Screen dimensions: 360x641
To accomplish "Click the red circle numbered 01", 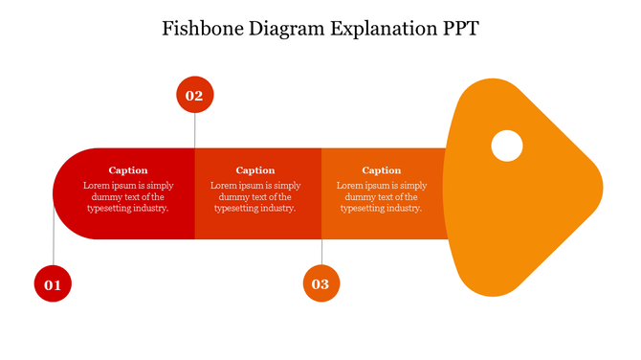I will point(53,284).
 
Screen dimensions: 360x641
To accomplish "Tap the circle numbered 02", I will point(195,95).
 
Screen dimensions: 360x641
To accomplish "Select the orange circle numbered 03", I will point(321,283).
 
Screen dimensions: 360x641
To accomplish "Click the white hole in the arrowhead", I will point(507,146).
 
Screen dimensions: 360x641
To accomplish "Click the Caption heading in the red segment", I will point(128,170).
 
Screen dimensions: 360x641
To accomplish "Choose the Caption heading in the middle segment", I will point(255,170).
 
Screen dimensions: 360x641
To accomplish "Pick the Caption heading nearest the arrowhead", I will point(382,170).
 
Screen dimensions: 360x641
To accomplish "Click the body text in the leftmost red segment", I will point(128,196).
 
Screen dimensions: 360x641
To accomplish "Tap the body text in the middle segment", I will point(255,196).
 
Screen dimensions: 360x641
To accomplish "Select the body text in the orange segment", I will point(382,196).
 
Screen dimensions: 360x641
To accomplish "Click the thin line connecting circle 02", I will point(195,130).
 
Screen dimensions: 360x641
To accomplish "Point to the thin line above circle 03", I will point(321,251).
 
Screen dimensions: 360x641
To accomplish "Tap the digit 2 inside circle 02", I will point(199,96).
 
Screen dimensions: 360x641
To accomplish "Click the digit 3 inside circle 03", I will point(325,284).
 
